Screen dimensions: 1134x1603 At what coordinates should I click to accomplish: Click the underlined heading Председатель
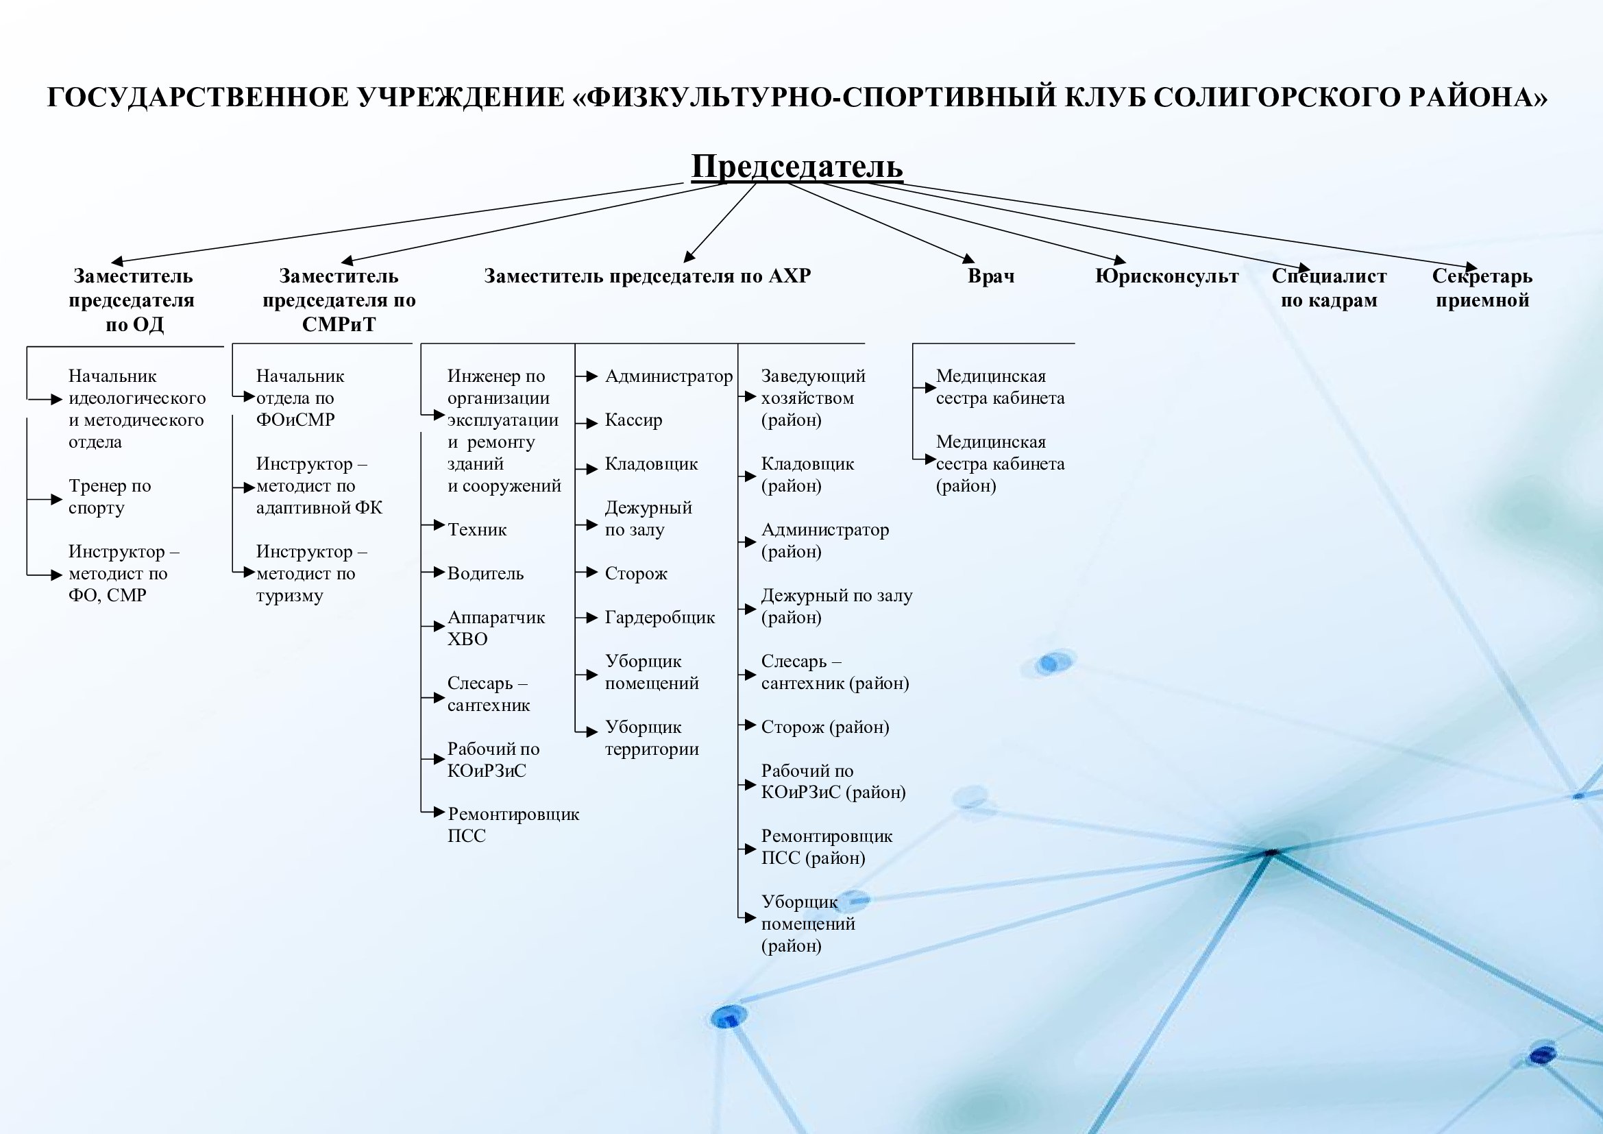[x=796, y=167]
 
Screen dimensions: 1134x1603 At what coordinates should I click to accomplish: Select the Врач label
[x=991, y=276]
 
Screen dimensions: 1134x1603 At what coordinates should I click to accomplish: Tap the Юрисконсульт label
[x=1166, y=276]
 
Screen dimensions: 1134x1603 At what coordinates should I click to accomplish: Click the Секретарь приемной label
[x=1482, y=288]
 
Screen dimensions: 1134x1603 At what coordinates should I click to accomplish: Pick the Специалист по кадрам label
[x=1329, y=288]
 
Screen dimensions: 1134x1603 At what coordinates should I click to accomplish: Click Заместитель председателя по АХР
[x=647, y=276]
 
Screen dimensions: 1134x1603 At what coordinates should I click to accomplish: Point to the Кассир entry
[x=633, y=420]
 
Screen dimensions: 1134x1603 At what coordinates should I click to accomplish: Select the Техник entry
[x=477, y=530]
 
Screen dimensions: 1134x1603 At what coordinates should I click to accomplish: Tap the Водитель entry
[x=485, y=574]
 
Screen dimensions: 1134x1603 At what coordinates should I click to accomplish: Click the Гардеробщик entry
[x=660, y=618]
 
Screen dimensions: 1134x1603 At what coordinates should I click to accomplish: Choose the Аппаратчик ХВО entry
[x=495, y=629]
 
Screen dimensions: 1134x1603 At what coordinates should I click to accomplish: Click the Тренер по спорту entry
[x=110, y=496]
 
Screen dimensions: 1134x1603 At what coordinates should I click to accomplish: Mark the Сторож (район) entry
[x=824, y=727]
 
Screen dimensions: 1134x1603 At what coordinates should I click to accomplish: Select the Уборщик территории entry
[x=651, y=738]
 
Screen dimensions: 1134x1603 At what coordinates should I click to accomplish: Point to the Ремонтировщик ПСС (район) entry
[x=827, y=847]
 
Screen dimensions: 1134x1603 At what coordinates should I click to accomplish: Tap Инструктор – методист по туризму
[x=310, y=574]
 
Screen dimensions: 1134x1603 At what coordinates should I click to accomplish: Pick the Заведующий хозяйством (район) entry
[x=813, y=398]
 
